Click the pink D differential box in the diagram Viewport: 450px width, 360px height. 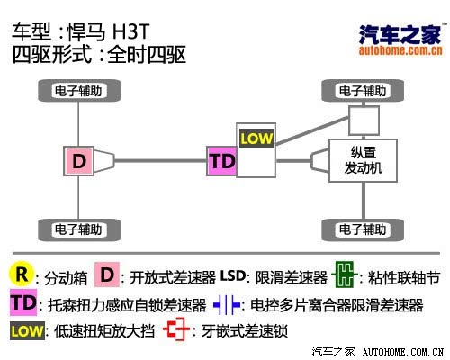pyautogui.click(x=79, y=161)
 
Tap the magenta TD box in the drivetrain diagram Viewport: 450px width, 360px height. pyautogui.click(x=222, y=161)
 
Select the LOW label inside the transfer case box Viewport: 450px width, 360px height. pyautogui.click(x=256, y=139)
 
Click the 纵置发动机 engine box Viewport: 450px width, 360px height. pyautogui.click(x=364, y=160)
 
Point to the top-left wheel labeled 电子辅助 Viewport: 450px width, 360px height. pyautogui.click(x=79, y=91)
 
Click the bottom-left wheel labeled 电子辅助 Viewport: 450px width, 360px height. pyautogui.click(x=79, y=229)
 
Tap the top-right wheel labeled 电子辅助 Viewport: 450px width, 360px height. pyautogui.click(x=363, y=91)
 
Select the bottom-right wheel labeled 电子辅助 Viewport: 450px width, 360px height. pyautogui.click(x=363, y=229)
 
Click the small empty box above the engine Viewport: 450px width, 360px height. pyautogui.click(x=364, y=121)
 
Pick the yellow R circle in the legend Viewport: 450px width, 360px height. pyautogui.click(x=21, y=274)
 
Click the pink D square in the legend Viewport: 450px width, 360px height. pyautogui.click(x=107, y=274)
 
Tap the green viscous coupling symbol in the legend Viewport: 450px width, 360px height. pyautogui.click(x=345, y=274)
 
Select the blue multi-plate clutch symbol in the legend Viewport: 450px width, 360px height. pyautogui.click(x=227, y=305)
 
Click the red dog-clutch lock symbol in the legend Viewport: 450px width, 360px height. pyautogui.click(x=176, y=329)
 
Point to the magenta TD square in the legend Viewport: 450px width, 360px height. pyautogui.click(x=23, y=302)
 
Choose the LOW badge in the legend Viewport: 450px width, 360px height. pyautogui.click(x=27, y=331)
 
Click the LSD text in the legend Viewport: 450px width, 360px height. pyautogui.click(x=233, y=275)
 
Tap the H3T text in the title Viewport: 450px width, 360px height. pyautogui.click(x=130, y=31)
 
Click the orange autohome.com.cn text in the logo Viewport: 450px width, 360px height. pyautogui.click(x=400, y=50)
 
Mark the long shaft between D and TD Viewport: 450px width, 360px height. pyautogui.click(x=160, y=161)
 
